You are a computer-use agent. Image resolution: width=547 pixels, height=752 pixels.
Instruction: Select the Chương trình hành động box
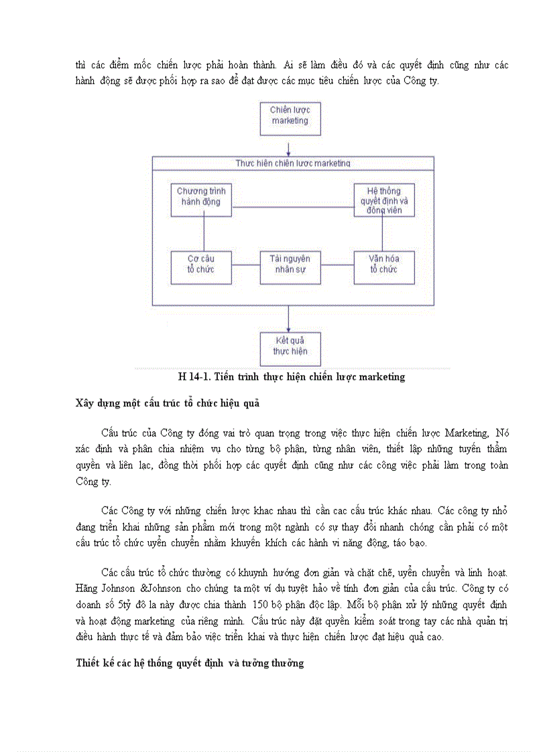point(201,199)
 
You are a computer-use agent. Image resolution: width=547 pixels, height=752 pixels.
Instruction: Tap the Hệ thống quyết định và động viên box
point(384,200)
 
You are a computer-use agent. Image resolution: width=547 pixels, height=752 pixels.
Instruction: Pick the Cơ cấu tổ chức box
point(201,267)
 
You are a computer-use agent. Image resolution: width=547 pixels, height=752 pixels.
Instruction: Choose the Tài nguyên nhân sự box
point(290,267)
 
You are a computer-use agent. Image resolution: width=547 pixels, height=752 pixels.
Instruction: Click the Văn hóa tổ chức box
point(383,267)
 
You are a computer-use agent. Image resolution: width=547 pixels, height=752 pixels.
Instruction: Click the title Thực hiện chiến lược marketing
point(293,163)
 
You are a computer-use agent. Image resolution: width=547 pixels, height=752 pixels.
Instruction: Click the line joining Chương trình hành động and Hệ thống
point(292,206)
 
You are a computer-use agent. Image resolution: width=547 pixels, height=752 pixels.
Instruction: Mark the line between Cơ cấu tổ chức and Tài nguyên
point(245,267)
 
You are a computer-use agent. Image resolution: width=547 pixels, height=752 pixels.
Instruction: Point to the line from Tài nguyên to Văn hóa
point(337,267)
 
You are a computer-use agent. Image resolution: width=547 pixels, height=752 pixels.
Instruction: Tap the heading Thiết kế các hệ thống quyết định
point(190,664)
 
